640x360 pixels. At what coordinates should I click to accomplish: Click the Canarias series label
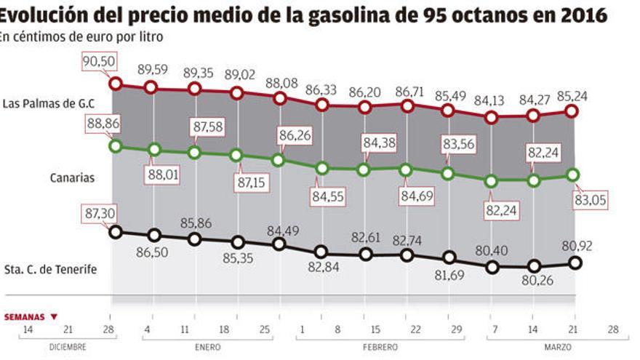click(x=72, y=177)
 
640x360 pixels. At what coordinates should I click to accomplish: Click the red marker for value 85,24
click(x=572, y=111)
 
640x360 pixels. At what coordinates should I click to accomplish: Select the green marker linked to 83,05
click(x=572, y=175)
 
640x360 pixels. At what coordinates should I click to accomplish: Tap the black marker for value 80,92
click(x=575, y=263)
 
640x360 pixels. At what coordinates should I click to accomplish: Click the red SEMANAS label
click(x=25, y=317)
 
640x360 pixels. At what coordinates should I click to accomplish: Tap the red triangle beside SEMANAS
click(x=53, y=317)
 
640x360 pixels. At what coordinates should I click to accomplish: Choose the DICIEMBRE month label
click(x=67, y=348)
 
